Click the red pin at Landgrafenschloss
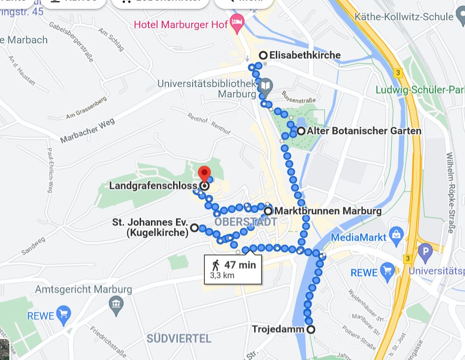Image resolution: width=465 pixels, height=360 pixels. coord(204,174)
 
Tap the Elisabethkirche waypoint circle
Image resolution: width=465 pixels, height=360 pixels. coord(263,55)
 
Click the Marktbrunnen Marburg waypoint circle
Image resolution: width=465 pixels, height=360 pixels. coord(268,211)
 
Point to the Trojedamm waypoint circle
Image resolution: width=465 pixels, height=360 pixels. coord(311,330)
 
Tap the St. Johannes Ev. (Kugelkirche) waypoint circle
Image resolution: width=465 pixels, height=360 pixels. coord(195,227)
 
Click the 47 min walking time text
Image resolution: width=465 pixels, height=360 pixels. coord(240,265)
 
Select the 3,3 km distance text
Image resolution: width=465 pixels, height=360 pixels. coord(222,276)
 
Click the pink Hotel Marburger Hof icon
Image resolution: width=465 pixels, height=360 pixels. coord(237,23)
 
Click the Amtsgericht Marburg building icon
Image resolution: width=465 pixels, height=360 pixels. coord(116,304)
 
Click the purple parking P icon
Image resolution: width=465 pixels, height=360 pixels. coord(425,253)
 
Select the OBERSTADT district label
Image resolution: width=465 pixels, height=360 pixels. coord(246,222)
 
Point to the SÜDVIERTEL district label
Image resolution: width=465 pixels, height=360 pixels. coord(179,339)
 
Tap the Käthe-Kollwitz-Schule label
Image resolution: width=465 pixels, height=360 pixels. coord(403,17)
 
